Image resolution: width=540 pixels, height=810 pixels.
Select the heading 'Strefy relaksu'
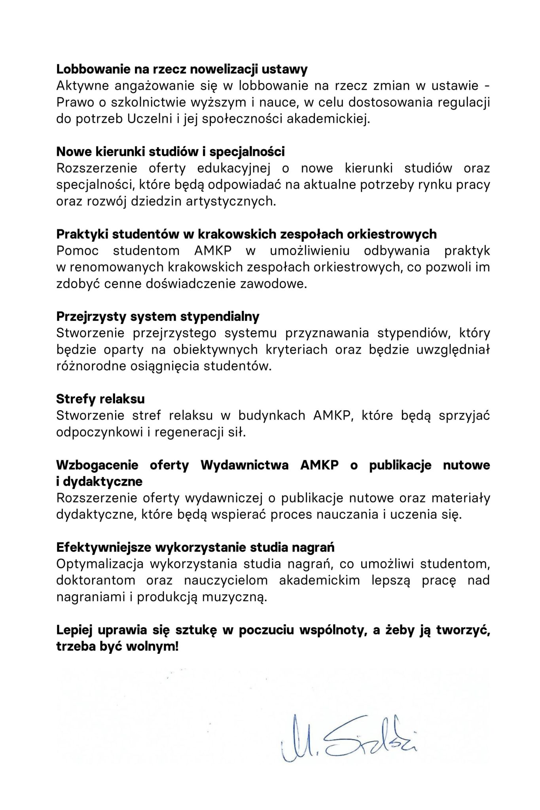coord(100,399)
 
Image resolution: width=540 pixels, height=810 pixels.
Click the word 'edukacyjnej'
coord(234,168)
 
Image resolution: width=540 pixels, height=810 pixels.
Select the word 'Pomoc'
coord(77,251)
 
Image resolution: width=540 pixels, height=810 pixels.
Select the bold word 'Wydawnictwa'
coord(244,465)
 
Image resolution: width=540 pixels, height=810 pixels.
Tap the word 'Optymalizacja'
coord(100,564)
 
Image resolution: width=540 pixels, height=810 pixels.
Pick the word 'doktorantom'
coord(95,581)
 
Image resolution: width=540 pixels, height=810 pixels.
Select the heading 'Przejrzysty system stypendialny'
coord(158,316)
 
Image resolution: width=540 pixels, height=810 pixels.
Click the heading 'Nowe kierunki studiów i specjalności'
coord(171,151)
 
